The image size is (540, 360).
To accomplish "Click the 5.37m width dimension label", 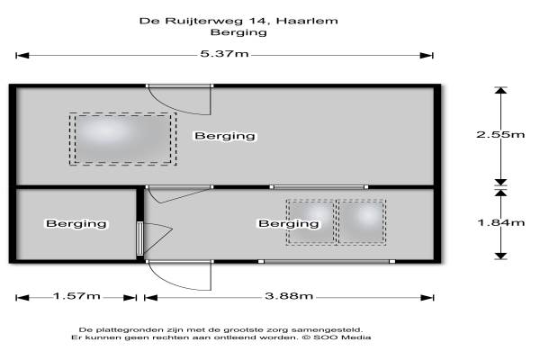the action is tap(224, 54).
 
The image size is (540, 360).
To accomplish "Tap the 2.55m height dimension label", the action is tap(500, 134).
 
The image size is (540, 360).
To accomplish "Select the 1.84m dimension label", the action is tap(501, 222).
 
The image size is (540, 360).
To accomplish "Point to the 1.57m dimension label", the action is tap(76, 296).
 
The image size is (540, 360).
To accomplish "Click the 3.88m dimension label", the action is tap(289, 296).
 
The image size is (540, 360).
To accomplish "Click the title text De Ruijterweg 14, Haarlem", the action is tap(238, 21).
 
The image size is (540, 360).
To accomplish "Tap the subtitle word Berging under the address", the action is tap(238, 32).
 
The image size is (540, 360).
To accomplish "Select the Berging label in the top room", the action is tap(225, 136).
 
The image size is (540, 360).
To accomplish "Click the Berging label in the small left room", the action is tap(76, 223).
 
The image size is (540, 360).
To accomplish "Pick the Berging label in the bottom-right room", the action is tap(289, 223).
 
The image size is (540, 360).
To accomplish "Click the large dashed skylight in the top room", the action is tap(122, 139).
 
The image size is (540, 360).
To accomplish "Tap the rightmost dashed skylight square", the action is tap(362, 222).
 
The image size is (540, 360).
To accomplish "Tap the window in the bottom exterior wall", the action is tap(327, 262).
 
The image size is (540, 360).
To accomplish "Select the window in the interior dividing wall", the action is tap(319, 187).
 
